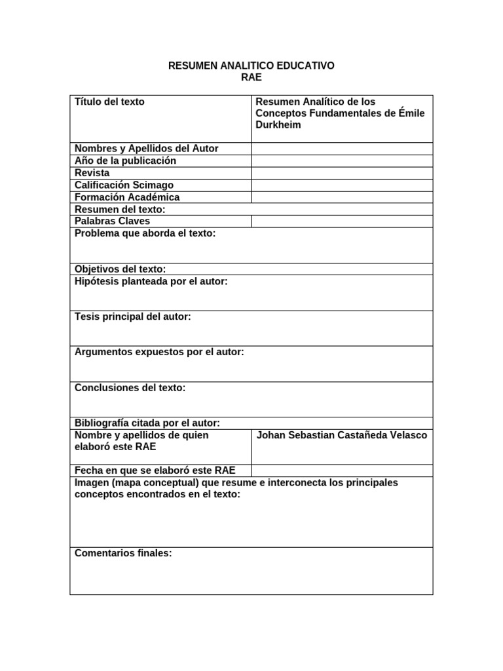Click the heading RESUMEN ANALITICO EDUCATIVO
(251, 66)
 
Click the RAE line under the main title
(251, 77)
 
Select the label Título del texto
(110, 102)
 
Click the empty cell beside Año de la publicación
(341, 161)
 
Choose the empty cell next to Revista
(341, 173)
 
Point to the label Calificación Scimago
(124, 185)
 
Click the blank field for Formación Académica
(341, 197)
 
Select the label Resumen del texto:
(121, 209)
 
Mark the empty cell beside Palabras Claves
(341, 221)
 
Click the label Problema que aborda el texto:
(145, 233)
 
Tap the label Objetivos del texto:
(121, 269)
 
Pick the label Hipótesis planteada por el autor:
(151, 281)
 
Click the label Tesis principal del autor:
(133, 316)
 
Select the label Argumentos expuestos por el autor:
(160, 352)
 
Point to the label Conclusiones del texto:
(130, 388)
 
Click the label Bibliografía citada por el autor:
(147, 423)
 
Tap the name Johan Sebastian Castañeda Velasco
(342, 435)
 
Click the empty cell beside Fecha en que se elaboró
(341, 470)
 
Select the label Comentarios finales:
(123, 553)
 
